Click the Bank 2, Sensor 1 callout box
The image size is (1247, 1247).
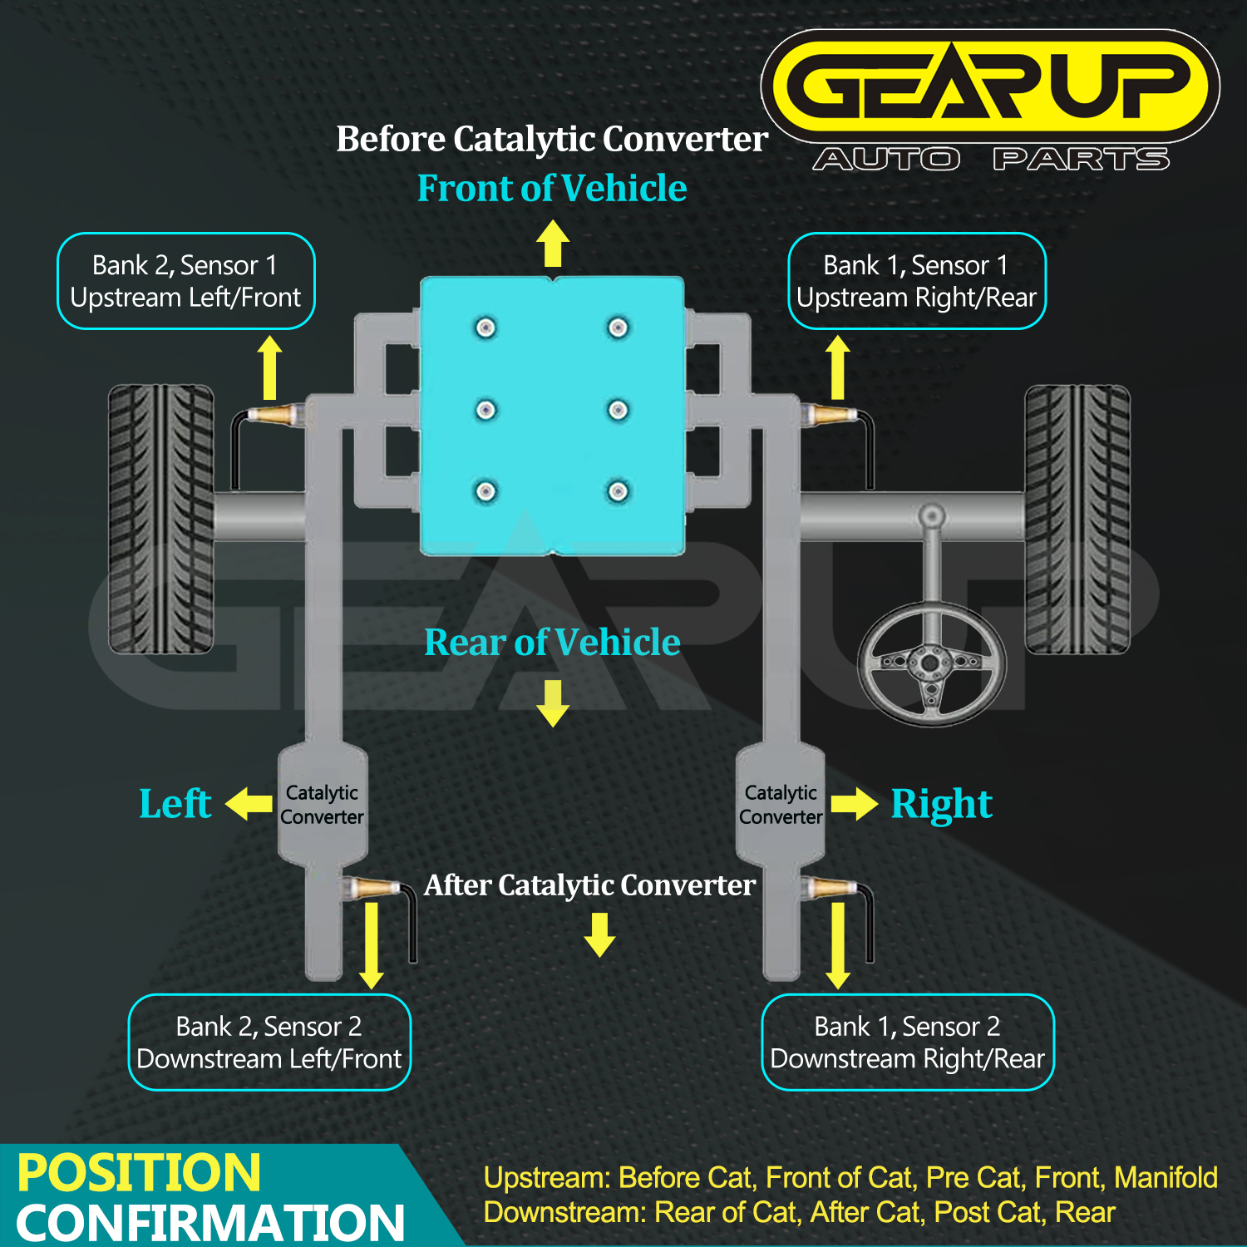pyautogui.click(x=185, y=281)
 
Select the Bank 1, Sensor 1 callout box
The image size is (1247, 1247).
pyautogui.click(x=916, y=281)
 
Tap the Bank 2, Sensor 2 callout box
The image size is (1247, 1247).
pyautogui.click(x=269, y=1042)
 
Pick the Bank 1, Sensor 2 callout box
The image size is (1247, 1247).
pyautogui.click(x=907, y=1042)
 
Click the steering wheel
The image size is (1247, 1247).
pyautogui.click(x=932, y=663)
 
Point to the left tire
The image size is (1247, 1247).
pyautogui.click(x=161, y=519)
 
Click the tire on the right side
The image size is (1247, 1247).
pyautogui.click(x=1077, y=519)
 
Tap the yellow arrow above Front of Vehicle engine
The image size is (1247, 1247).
pyautogui.click(x=553, y=243)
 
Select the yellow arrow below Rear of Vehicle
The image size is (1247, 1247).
pyautogui.click(x=553, y=702)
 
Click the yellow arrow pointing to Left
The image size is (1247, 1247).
pyautogui.click(x=249, y=804)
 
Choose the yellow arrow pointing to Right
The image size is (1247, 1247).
pyautogui.click(x=854, y=804)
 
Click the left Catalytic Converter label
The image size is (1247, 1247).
pyautogui.click(x=322, y=805)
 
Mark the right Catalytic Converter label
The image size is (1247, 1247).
pyautogui.click(x=781, y=805)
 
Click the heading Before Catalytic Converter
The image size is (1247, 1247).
pyautogui.click(x=552, y=139)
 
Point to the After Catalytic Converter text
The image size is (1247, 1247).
pyautogui.click(x=589, y=885)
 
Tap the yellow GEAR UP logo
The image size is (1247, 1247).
pyautogui.click(x=989, y=86)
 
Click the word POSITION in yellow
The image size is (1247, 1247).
pyautogui.click(x=139, y=1173)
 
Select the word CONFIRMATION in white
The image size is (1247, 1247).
pyautogui.click(x=210, y=1223)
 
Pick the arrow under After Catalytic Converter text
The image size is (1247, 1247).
pyautogui.click(x=599, y=934)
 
